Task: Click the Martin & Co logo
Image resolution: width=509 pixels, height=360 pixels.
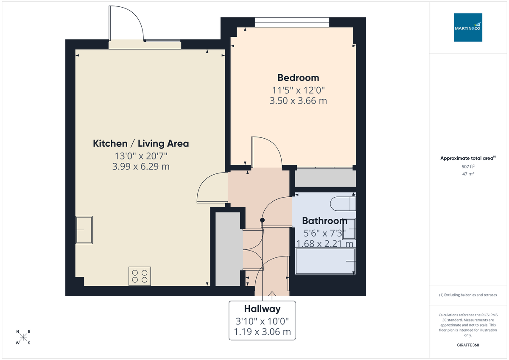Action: coord(468,27)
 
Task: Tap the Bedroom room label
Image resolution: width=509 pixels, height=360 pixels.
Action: coord(298,78)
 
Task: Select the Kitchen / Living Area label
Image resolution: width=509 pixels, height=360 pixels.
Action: coord(141,143)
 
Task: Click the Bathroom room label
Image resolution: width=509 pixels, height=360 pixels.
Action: coord(324,221)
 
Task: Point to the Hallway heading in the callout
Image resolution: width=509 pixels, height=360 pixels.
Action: coord(262,309)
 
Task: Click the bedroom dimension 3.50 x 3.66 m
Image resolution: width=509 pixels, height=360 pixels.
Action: coord(298,101)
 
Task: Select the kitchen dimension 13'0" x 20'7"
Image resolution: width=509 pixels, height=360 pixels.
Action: coord(141,155)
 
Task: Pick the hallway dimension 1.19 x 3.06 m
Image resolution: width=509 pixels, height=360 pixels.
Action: coord(262,332)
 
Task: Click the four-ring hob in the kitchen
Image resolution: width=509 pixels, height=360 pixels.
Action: coord(140,276)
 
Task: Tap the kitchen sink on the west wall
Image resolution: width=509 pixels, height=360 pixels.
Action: coord(84,230)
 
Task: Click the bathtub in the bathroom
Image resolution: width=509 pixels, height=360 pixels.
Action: coord(325,261)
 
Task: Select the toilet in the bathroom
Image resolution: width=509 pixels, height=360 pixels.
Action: coord(344,203)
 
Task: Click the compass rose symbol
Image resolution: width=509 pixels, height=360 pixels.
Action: coord(23,337)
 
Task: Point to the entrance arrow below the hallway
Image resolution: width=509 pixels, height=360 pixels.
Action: coord(271,294)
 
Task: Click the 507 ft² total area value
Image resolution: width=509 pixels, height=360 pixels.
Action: coord(468,167)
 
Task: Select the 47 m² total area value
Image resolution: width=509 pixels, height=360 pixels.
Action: coord(468,173)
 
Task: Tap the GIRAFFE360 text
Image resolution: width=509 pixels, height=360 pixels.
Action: coord(468,345)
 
